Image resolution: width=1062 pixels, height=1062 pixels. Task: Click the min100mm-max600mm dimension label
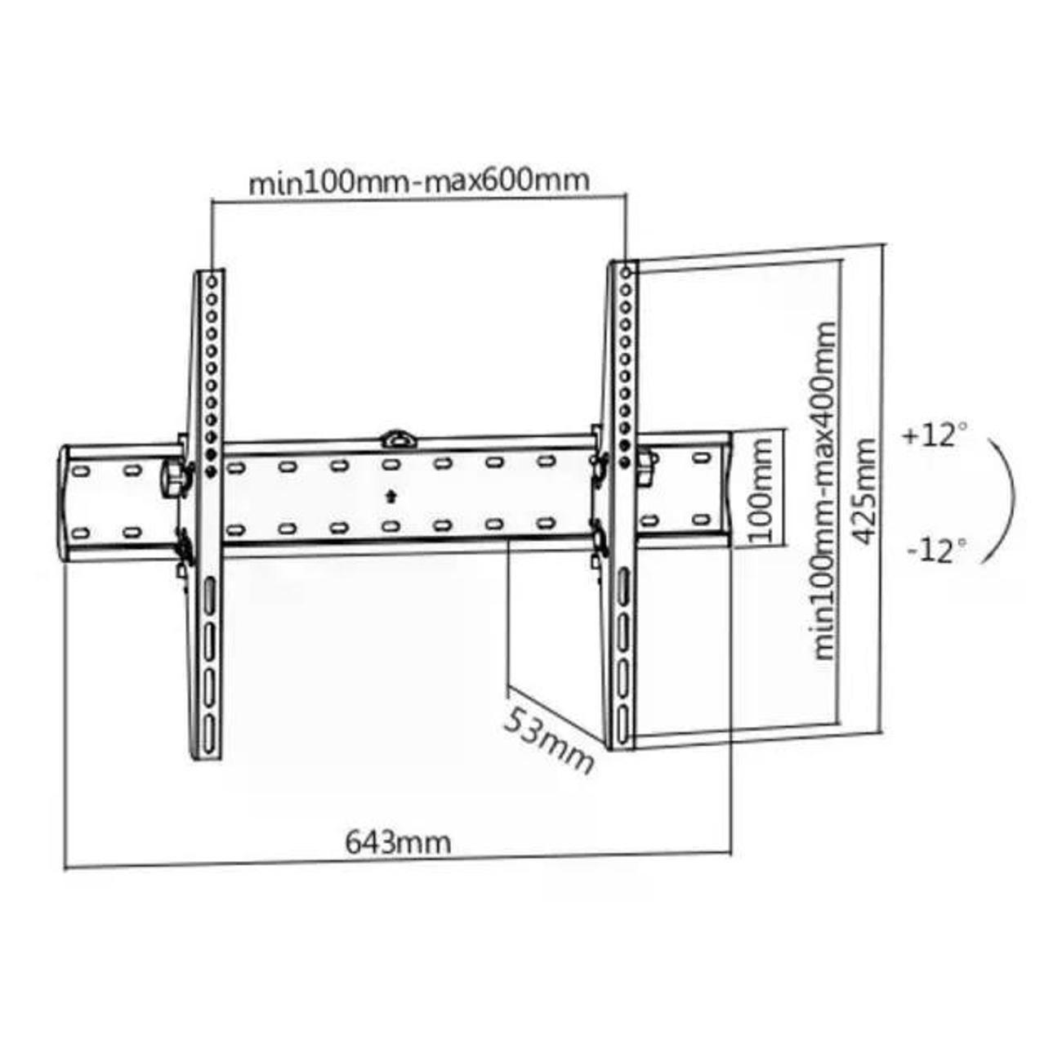[418, 181]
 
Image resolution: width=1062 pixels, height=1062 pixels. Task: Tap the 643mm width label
[398, 841]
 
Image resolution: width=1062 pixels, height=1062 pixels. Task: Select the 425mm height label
[863, 490]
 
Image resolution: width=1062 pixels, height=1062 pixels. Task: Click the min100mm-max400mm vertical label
[826, 490]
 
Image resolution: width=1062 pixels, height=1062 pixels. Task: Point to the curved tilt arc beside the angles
[1011, 498]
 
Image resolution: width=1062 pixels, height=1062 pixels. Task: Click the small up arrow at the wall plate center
[392, 495]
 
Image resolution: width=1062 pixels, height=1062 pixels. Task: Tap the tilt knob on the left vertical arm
[173, 476]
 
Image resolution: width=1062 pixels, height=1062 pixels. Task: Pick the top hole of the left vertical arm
[212, 280]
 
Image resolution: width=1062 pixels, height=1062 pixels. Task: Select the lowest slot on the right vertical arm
[623, 720]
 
